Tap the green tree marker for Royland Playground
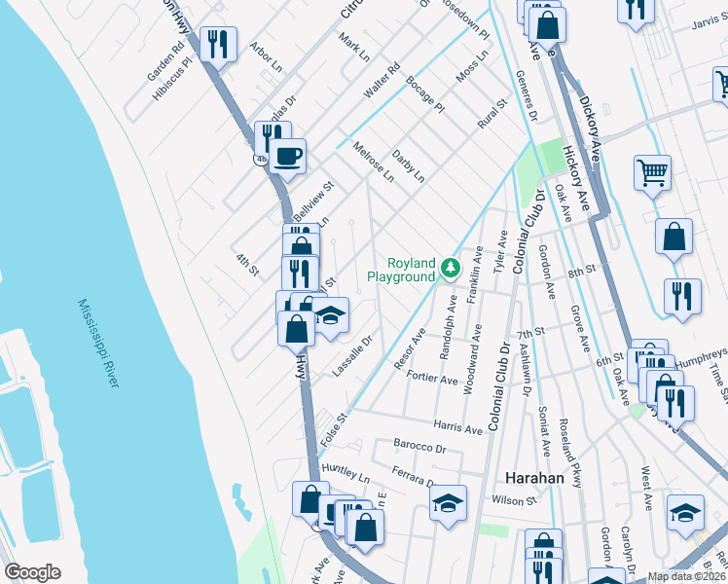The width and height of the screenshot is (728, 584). (x=450, y=267)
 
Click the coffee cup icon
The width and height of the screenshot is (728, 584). (x=287, y=155)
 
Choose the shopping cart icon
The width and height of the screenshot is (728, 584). (x=652, y=173)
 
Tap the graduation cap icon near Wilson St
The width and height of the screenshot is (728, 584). (x=447, y=502)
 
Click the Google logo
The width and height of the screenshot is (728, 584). (x=33, y=572)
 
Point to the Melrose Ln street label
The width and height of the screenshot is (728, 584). (x=374, y=162)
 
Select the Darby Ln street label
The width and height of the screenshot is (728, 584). (x=409, y=165)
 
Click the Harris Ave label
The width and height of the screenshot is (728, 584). (x=458, y=428)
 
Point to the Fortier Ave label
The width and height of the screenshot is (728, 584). (x=433, y=378)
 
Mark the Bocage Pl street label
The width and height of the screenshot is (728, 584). (x=425, y=92)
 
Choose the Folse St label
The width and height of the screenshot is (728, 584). (x=333, y=427)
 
